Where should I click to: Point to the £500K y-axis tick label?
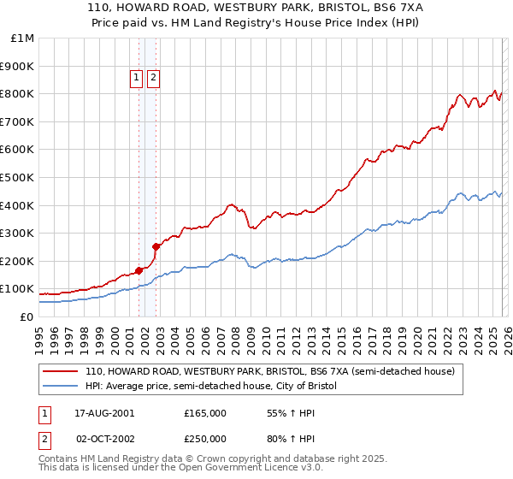[x=18, y=178]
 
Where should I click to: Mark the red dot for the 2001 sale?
[x=139, y=270]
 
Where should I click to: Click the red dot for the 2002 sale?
[x=156, y=246]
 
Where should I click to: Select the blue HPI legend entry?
[x=211, y=387]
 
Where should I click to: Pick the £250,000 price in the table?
[x=205, y=438]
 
